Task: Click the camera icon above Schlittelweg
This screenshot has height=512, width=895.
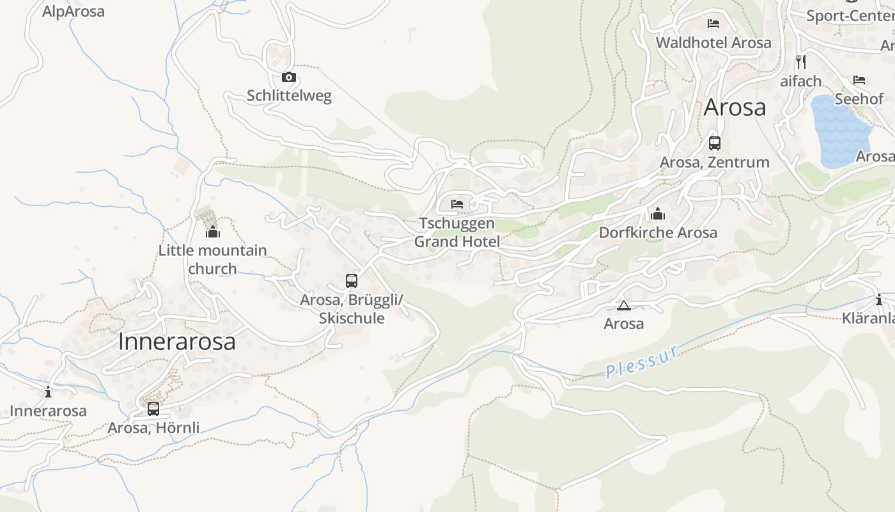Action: (x=289, y=77)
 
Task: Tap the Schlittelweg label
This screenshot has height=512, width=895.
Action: (x=289, y=96)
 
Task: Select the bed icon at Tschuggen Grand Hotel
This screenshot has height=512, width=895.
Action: (x=457, y=204)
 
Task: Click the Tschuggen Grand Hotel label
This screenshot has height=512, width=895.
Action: (x=456, y=232)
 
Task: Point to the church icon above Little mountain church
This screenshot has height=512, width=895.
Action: (x=212, y=231)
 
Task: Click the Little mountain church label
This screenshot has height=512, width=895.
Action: (x=212, y=259)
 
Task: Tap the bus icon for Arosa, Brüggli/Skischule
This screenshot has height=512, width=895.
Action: (x=351, y=280)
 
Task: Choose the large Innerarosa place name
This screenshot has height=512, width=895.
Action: (x=176, y=342)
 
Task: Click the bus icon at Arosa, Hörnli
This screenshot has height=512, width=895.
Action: (x=153, y=408)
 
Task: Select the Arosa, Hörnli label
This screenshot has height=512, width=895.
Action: (x=153, y=428)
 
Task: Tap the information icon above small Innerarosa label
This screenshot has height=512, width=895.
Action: (x=48, y=392)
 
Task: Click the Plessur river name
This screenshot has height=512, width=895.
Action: (x=641, y=363)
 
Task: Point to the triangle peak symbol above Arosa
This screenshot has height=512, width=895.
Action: (x=623, y=305)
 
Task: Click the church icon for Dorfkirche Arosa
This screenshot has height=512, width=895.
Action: (x=658, y=214)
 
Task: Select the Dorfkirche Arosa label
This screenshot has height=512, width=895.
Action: (x=658, y=232)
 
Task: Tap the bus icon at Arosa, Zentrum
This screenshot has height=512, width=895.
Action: (x=715, y=143)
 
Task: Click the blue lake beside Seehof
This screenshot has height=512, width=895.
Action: (x=839, y=131)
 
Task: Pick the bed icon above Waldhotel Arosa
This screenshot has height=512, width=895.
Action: (x=713, y=24)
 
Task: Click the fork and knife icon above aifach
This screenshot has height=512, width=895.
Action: (x=800, y=62)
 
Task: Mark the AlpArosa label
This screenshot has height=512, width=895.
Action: (x=74, y=12)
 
